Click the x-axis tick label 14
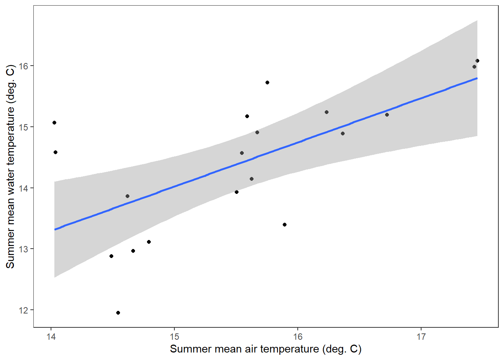tap(51, 337)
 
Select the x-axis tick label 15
tap(174, 337)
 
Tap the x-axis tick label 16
tap(298, 337)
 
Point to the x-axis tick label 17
tap(421, 337)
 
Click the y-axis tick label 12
tap(24, 310)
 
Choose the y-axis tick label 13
tap(24, 249)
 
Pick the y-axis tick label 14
tap(24, 188)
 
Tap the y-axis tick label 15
tap(24, 127)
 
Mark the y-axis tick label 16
tap(24, 66)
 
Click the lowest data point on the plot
tap(118, 313)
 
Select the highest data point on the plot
tap(477, 61)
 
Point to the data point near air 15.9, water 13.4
tap(285, 225)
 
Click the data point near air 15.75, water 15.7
tap(267, 82)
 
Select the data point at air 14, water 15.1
tap(54, 123)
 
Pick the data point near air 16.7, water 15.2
tap(387, 115)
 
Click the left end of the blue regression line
tap(55, 229)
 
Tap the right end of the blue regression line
tap(477, 78)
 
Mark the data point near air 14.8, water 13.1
tap(149, 242)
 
